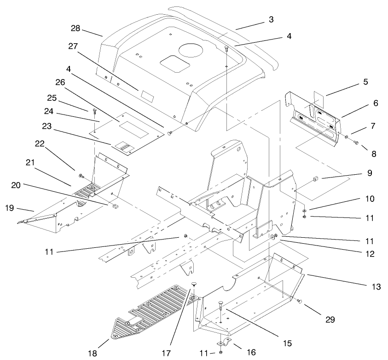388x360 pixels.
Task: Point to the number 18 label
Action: (x=93, y=353)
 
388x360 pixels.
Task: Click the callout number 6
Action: (x=375, y=103)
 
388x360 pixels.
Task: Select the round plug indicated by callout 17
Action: (x=194, y=285)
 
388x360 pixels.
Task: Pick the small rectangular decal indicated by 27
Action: (x=148, y=96)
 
